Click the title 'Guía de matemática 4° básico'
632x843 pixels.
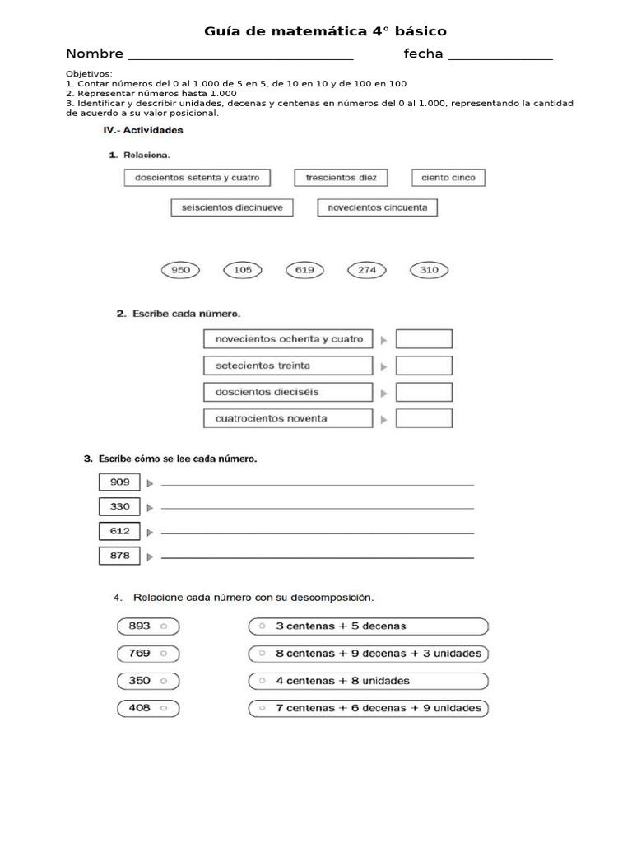tap(325, 31)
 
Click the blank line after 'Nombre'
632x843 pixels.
tap(241, 58)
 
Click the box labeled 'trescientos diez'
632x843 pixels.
tap(341, 178)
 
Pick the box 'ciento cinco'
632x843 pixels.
tap(448, 178)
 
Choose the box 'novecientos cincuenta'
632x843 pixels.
tap(378, 208)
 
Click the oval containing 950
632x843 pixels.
tap(180, 270)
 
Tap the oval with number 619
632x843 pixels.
tap(304, 270)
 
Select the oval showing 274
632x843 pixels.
tap(367, 270)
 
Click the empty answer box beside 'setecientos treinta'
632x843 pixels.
tap(424, 366)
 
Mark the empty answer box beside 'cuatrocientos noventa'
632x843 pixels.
tap(424, 418)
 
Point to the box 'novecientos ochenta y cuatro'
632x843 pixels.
tap(288, 339)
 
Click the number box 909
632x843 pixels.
tap(119, 482)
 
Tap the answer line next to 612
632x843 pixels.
tap(317, 533)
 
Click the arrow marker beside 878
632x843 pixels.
tap(151, 557)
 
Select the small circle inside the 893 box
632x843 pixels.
tap(164, 626)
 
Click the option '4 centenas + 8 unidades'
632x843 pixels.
tap(368, 681)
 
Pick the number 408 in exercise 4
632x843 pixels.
tap(139, 708)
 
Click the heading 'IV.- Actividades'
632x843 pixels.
tap(142, 130)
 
